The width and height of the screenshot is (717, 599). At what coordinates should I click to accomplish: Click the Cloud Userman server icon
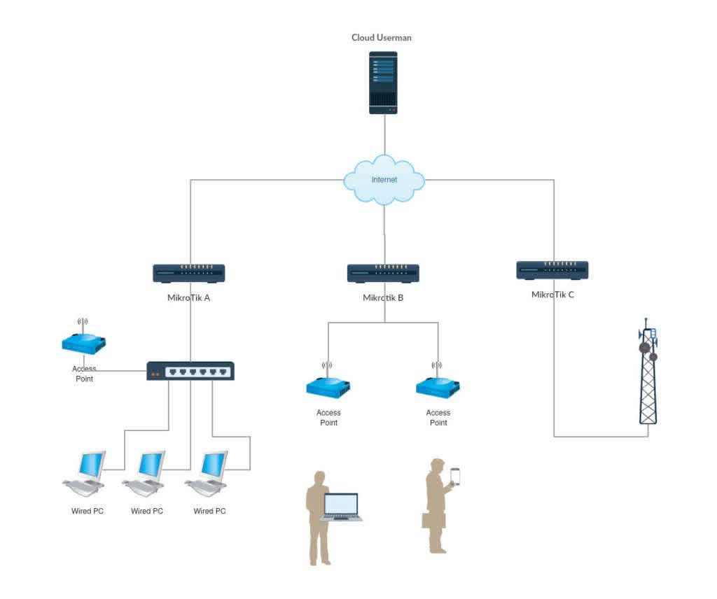(383, 83)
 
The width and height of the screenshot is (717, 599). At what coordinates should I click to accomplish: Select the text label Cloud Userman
(382, 38)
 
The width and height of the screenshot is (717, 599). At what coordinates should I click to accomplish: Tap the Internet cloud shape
(384, 180)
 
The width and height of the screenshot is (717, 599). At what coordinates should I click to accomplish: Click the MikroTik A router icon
(189, 273)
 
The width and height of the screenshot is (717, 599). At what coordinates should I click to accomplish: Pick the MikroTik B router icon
(383, 273)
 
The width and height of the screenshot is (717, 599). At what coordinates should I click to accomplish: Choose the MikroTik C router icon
(552, 269)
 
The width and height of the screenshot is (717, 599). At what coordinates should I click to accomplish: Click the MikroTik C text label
(552, 294)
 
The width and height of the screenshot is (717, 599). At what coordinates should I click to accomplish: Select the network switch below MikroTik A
(190, 371)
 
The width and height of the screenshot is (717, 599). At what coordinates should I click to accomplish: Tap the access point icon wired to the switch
(84, 343)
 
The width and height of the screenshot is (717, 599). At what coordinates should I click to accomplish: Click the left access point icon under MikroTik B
(328, 386)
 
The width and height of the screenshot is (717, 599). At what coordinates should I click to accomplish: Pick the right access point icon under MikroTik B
(438, 386)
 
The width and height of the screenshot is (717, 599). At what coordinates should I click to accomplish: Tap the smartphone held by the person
(455, 476)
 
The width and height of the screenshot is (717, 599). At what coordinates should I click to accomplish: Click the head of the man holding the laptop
(320, 479)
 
